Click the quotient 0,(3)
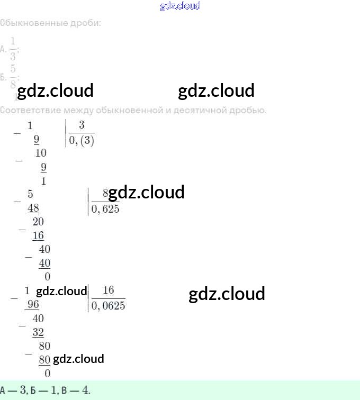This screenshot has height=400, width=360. pyautogui.click(x=82, y=141)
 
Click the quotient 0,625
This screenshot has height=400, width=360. pyautogui.click(x=105, y=209)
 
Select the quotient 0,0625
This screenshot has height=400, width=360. pyautogui.click(x=109, y=306)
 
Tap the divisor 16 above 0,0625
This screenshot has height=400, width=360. pyautogui.click(x=108, y=290)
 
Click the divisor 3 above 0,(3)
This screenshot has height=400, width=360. pyautogui.click(x=82, y=125)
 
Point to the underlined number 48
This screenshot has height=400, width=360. pyautogui.click(x=33, y=208)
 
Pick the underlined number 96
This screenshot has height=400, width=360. pyautogui.click(x=33, y=305)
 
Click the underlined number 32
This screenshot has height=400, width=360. pyautogui.click(x=38, y=332)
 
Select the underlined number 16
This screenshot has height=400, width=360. pyautogui.click(x=38, y=235)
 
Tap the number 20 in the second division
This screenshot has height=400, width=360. pyautogui.click(x=38, y=222)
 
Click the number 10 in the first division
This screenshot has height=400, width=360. pyautogui.click(x=41, y=153)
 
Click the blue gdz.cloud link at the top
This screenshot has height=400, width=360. pyautogui.click(x=180, y=6)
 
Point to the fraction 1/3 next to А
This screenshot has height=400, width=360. pyautogui.click(x=13, y=49)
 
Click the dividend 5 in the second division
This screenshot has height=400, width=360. pyautogui.click(x=30, y=194)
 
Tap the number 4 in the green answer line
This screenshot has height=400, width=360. pyautogui.click(x=85, y=391)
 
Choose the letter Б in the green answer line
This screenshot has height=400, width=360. pyautogui.click(x=34, y=391)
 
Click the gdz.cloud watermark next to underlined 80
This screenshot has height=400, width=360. pyautogui.click(x=78, y=359)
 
